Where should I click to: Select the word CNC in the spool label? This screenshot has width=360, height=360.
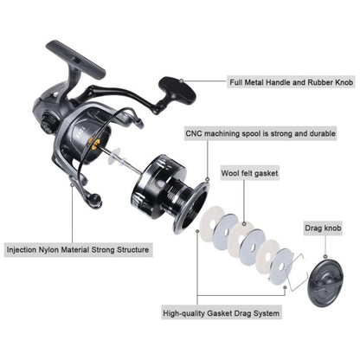click(x=196, y=134)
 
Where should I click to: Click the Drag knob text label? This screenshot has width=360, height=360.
click(x=325, y=228)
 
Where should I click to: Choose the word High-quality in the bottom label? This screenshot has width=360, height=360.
click(x=188, y=314)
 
